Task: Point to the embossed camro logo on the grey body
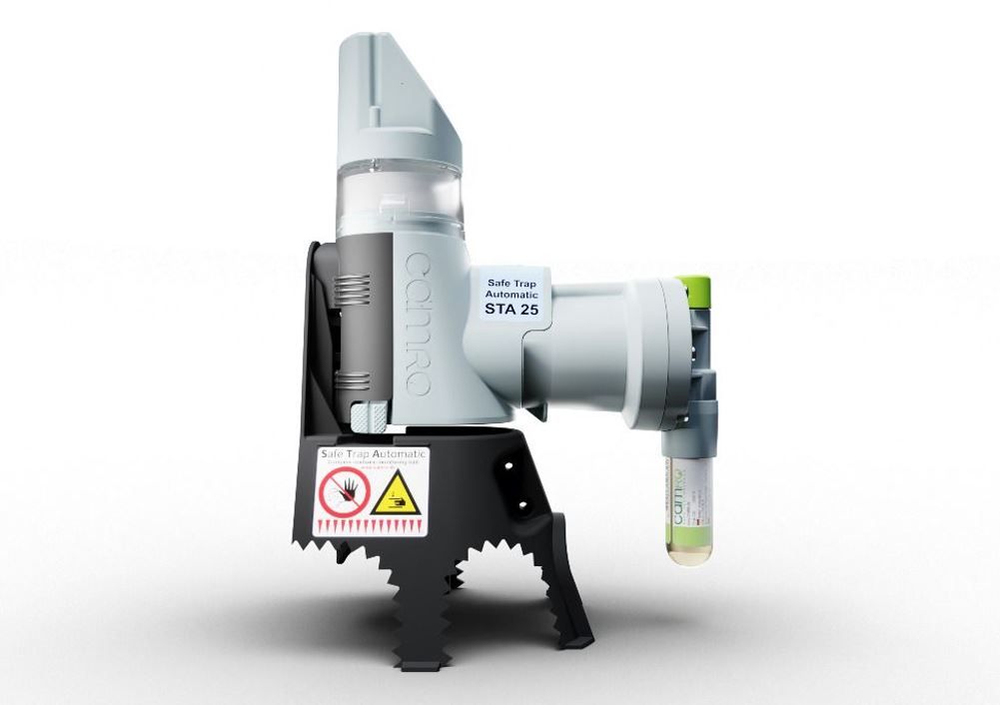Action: (x=419, y=324)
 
